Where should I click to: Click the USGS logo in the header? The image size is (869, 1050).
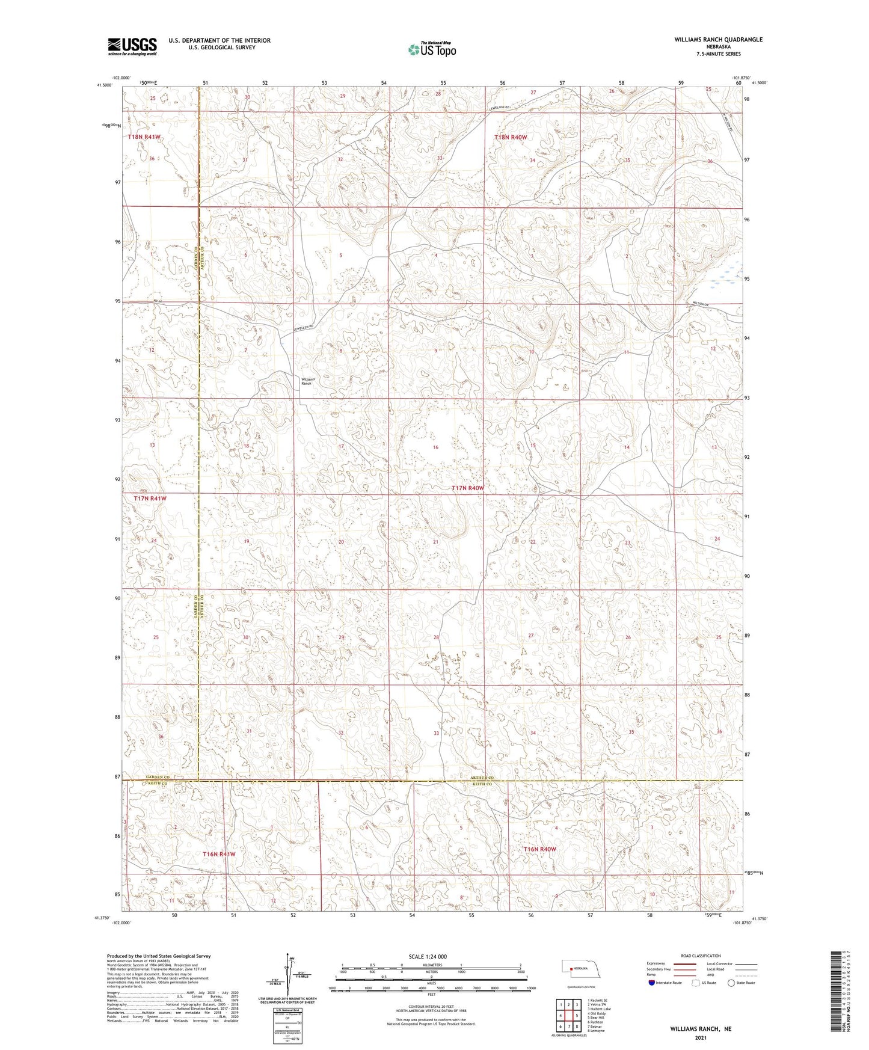coord(132,46)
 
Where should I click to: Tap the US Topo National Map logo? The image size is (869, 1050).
coord(431,49)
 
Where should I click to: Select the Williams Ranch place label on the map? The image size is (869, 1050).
coord(306,381)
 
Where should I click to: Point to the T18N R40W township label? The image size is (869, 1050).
coord(511,137)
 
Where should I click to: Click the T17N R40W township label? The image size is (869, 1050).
coord(467,488)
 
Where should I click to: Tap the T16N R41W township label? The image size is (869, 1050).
coord(219,854)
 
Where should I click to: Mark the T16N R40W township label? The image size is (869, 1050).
coord(539,849)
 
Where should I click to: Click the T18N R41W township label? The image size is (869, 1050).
coord(144,137)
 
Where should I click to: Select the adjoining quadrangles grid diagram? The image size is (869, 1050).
coord(568,1015)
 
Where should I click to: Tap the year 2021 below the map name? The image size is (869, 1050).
coord(701,1038)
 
